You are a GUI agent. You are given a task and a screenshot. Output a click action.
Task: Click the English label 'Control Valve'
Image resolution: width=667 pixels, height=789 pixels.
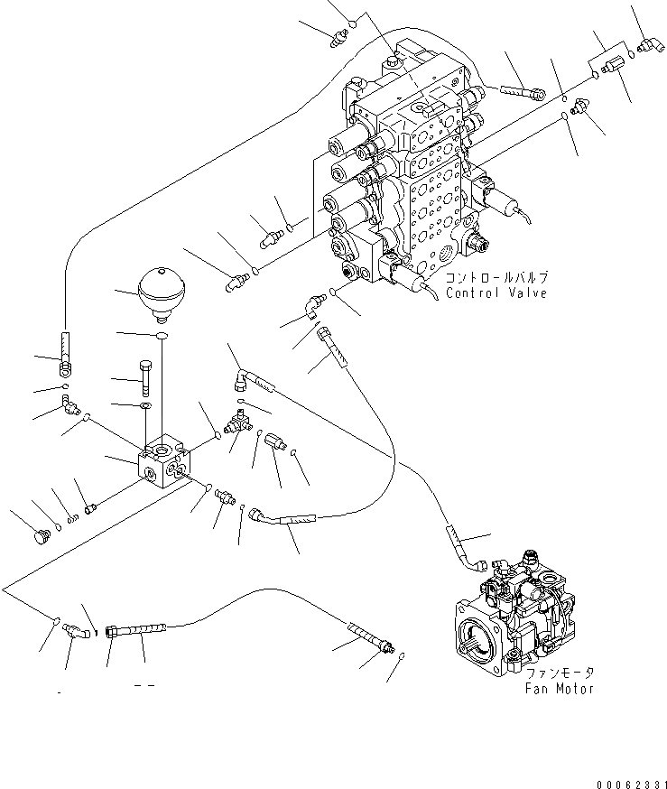[x=496, y=293]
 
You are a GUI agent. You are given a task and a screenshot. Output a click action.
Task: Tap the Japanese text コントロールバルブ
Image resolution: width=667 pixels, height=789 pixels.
[x=496, y=278]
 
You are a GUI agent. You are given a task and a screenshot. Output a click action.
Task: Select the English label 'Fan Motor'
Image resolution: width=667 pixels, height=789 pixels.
[x=559, y=689]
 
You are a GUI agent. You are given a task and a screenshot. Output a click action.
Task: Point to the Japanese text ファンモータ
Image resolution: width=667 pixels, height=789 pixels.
[x=560, y=673]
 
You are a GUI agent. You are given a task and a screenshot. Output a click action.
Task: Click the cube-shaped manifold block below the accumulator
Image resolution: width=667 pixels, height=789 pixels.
[x=162, y=460]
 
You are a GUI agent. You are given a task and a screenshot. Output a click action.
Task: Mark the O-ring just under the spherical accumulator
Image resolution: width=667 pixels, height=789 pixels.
[x=162, y=337]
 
